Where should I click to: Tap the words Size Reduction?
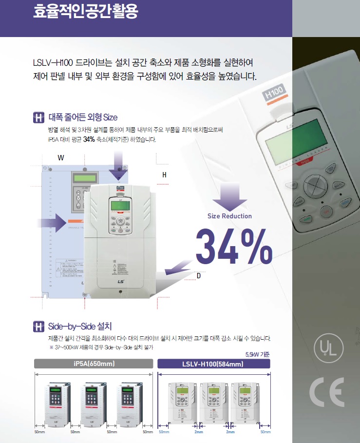point(229,216)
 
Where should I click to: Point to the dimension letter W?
point(61,158)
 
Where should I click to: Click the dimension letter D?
point(198,276)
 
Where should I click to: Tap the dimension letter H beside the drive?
point(165,174)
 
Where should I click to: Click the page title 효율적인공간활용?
point(85,12)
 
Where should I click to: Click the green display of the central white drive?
point(119,206)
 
